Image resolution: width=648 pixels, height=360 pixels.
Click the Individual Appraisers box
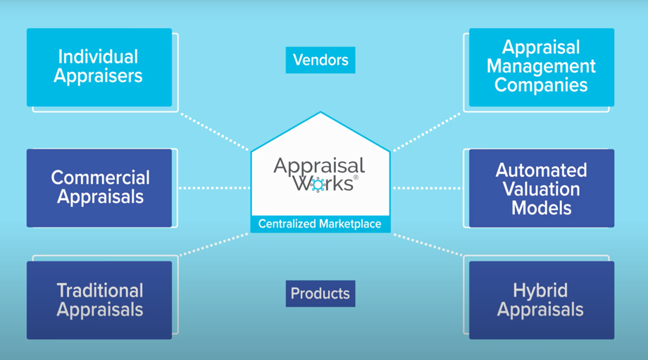click(99, 67)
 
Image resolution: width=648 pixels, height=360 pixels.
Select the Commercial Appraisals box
click(99, 187)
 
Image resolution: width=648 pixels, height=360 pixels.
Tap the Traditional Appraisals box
click(99, 300)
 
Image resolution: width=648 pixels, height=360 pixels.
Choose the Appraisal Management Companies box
click(541, 67)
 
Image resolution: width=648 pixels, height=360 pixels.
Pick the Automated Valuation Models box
click(541, 189)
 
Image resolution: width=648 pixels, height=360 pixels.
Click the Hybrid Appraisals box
click(541, 300)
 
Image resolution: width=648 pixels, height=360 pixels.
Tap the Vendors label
click(320, 60)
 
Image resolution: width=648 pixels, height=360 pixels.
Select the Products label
click(320, 293)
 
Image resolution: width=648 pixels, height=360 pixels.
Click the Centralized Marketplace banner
click(320, 224)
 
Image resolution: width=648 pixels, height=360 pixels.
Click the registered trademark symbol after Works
click(356, 178)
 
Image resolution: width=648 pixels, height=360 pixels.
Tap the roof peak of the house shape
click(320, 113)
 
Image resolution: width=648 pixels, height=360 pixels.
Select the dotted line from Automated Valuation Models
click(427, 188)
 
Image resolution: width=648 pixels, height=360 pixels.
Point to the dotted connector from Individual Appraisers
click(214, 131)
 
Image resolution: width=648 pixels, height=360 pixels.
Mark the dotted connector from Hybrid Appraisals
click(427, 244)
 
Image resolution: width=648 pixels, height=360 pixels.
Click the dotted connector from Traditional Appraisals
click(214, 244)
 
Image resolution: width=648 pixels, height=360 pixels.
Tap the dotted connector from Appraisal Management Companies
click(427, 132)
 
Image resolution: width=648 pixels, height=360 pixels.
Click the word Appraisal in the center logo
click(319, 166)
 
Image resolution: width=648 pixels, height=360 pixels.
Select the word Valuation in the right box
click(541, 189)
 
